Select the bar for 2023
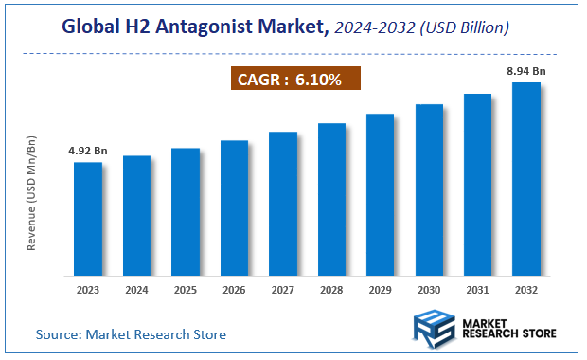pyautogui.click(x=88, y=218)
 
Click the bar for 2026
pyautogui.click(x=234, y=207)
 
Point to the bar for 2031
pyautogui.click(x=477, y=184)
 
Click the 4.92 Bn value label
pyautogui.click(x=88, y=151)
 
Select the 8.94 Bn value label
pyautogui.click(x=525, y=70)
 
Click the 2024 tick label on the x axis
pyautogui.click(x=136, y=290)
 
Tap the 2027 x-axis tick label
pyautogui.click(x=282, y=290)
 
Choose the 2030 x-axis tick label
pyautogui.click(x=428, y=290)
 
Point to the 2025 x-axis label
pyautogui.click(x=185, y=290)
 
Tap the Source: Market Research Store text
pyautogui.click(x=131, y=334)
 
